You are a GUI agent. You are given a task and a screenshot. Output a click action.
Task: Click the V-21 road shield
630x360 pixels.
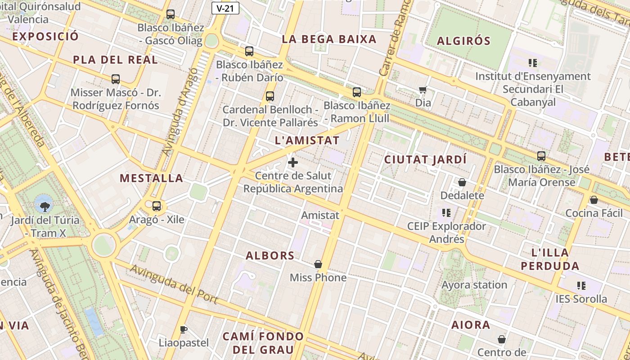pyautogui.click(x=225, y=8)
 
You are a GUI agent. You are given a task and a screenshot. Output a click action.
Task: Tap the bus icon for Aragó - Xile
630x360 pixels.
pyautogui.click(x=157, y=206)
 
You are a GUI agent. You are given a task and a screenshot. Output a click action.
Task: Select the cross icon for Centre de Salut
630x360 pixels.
pyautogui.click(x=293, y=162)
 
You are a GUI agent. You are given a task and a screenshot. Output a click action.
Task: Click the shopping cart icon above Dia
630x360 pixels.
pyautogui.click(x=423, y=90)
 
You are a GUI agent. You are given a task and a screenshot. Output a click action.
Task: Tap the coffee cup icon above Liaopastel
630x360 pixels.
pyautogui.click(x=183, y=329)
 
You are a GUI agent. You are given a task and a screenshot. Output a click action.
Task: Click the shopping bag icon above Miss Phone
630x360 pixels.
pyautogui.click(x=318, y=264)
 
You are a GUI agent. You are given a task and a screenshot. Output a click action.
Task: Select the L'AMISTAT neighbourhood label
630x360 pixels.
pyautogui.click(x=307, y=140)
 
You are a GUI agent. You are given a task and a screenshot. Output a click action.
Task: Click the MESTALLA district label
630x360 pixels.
pyautogui.click(x=151, y=178)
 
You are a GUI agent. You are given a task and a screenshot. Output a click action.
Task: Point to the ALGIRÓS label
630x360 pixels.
pyautogui.click(x=463, y=41)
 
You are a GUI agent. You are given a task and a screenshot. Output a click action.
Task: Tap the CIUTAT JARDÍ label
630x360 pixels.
pyautogui.click(x=425, y=160)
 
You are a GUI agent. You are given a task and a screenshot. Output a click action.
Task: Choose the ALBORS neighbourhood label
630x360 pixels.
pyautogui.click(x=270, y=256)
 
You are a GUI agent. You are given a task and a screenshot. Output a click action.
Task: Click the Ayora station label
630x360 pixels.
pyautogui.click(x=474, y=285)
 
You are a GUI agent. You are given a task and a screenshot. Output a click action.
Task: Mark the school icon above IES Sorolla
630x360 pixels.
pyautogui.click(x=581, y=285)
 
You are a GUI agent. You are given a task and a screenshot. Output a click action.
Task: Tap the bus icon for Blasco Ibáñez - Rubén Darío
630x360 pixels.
pyautogui.click(x=249, y=51)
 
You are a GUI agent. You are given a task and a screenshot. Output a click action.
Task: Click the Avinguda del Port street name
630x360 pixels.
pyautogui.click(x=174, y=284)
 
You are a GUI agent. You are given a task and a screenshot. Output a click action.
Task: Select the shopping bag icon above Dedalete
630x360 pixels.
pyautogui.click(x=462, y=182)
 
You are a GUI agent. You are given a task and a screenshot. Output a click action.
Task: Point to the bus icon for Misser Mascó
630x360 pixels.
pyautogui.click(x=116, y=79)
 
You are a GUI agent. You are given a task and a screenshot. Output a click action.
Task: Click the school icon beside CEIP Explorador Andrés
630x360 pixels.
pyautogui.click(x=446, y=212)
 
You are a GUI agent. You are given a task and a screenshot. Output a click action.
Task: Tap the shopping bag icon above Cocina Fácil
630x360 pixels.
pyautogui.click(x=594, y=200)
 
